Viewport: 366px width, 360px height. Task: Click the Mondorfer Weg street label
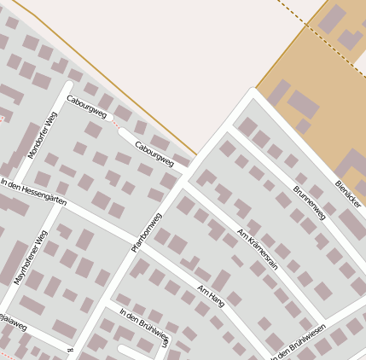pos(41,136)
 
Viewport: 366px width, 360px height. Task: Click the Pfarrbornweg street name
pos(146,232)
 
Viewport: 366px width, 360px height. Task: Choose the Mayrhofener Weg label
pos(31,257)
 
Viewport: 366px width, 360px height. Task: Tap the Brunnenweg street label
pos(309,202)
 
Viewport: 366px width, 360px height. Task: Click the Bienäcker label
pos(348,194)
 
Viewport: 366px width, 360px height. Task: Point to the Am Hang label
pos(211,296)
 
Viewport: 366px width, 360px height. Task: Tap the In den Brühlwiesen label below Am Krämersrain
pos(299,345)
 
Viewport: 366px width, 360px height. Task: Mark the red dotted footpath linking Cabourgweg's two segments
pos(116,125)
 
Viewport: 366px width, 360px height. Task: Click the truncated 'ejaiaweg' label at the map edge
pos(13,323)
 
